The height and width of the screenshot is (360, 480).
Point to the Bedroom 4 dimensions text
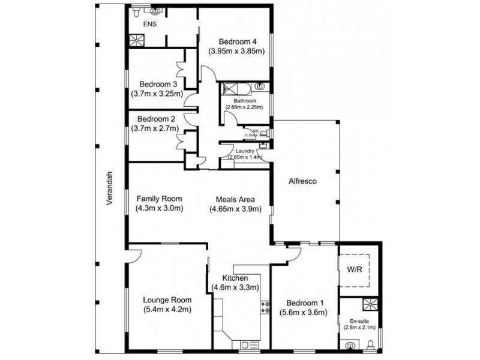pyautogui.click(x=236, y=52)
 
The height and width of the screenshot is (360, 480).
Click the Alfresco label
pyautogui.click(x=302, y=181)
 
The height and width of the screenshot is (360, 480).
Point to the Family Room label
pyautogui.click(x=159, y=199)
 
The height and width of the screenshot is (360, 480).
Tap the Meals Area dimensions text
pyautogui.click(x=236, y=209)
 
